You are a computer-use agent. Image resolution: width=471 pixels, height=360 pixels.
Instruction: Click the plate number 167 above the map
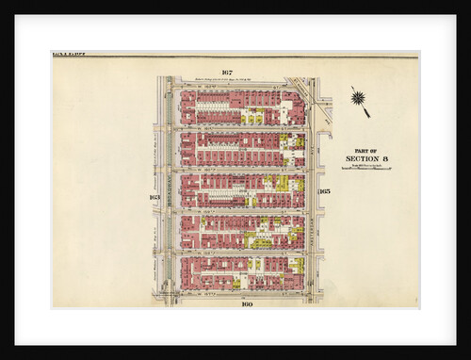tap(227, 74)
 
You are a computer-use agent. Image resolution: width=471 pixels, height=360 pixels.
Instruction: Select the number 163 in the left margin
tap(154, 197)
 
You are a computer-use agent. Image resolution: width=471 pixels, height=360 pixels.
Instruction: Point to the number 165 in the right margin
tap(324, 191)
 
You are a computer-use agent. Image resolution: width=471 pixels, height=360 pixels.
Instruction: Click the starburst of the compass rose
tap(357, 96)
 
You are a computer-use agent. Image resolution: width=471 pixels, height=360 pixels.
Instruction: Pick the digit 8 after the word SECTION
tap(385, 158)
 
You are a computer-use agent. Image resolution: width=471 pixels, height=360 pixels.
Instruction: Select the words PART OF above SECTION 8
tap(366, 150)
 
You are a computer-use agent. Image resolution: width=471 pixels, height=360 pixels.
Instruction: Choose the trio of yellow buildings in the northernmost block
tap(252, 119)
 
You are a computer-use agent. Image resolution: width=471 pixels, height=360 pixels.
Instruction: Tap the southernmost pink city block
tap(242, 272)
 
